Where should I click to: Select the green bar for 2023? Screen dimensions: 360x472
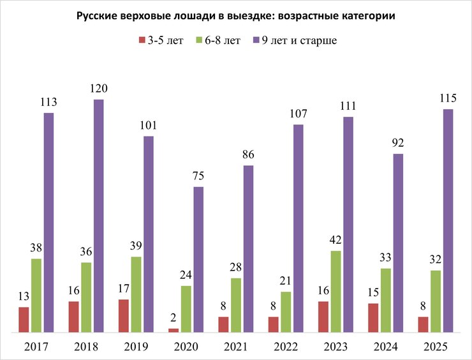pos(336,292)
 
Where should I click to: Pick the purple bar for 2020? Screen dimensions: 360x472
pos(198,259)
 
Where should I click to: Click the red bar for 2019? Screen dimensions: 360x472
pos(124,316)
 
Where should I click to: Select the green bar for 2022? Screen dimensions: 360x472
pos(286,312)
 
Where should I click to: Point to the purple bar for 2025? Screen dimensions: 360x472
pos(448,221)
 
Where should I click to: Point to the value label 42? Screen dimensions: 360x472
pos(336,241)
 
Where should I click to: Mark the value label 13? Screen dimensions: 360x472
pos(24,297)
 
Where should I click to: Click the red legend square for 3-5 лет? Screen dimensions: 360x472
pos(141,41)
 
